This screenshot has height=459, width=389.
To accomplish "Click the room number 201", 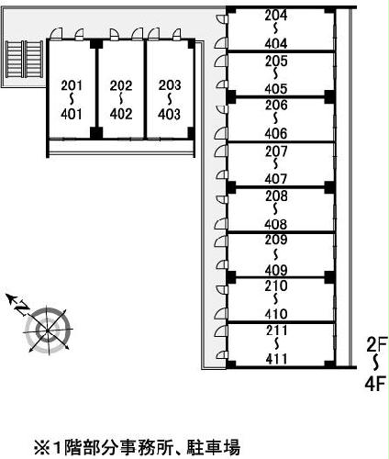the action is (72, 85).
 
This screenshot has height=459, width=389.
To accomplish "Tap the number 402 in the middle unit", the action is (121, 114).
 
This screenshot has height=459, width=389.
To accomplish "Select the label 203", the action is (170, 85).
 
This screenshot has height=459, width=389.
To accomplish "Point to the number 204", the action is (276, 15).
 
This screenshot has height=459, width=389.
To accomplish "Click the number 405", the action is (276, 89).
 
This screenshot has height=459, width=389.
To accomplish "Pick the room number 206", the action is (276, 105).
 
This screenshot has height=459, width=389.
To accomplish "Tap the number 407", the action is (276, 179).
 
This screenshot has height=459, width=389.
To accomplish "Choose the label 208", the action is (276, 196).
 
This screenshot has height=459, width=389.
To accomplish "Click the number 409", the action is (276, 270).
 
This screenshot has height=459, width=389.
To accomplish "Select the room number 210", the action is (276, 285).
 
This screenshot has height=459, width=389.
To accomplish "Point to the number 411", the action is (276, 359).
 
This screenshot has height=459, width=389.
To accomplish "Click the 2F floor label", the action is (377, 344).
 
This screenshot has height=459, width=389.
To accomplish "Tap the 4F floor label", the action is (375, 384).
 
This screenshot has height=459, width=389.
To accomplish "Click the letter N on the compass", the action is (22, 308).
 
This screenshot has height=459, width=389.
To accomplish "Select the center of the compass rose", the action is (48, 331).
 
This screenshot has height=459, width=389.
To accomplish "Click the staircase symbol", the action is (25, 59).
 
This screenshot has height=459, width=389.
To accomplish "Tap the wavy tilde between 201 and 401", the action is (72, 99).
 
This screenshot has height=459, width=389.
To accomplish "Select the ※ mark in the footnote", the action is (42, 448).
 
